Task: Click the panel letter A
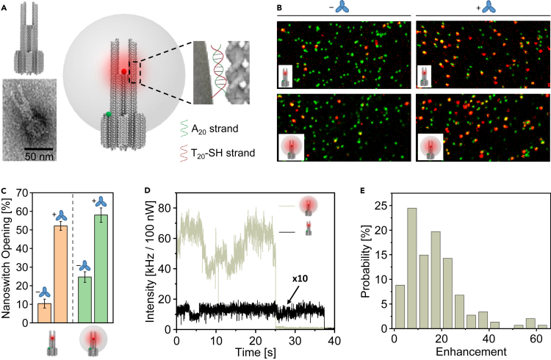(x=6, y=5)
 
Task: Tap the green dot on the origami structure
(x=108, y=114)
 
